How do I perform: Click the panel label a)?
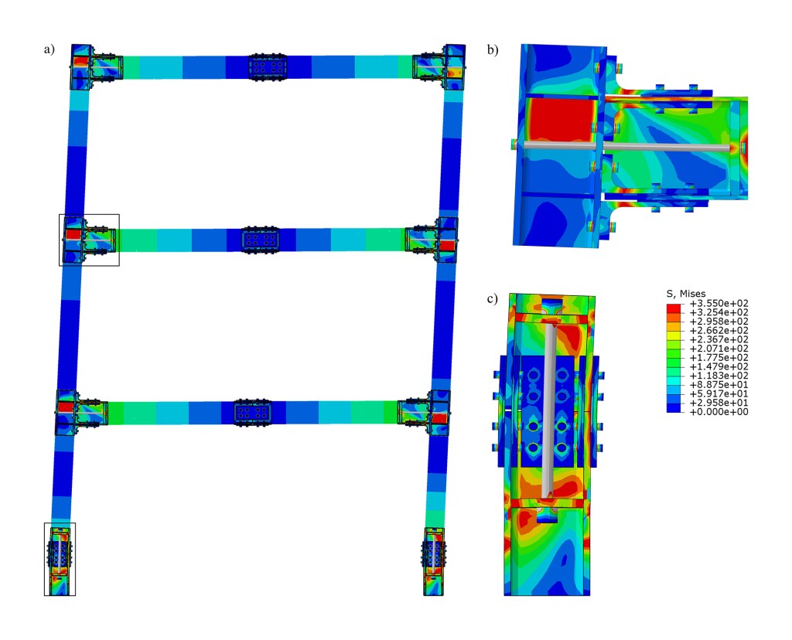(49, 49)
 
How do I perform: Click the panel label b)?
(493, 49)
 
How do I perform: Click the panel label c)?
(492, 299)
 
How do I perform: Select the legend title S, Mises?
(686, 294)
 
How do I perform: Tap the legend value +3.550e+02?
(719, 303)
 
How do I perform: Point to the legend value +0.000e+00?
(719, 412)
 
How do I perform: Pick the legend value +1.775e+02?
(719, 357)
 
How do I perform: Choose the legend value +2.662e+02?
(719, 331)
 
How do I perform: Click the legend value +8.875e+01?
(719, 385)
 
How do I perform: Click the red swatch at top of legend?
(674, 308)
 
